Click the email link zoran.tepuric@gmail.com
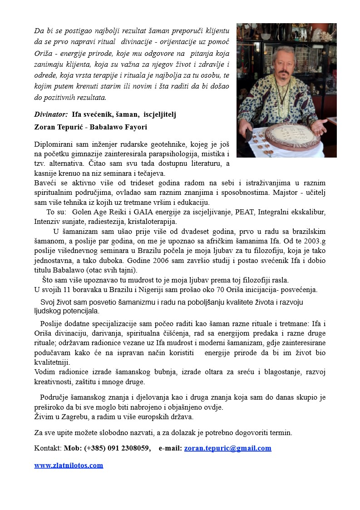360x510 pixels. coord(227,448)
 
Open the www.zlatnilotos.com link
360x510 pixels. coord(69,465)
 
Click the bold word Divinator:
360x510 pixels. coord(51,114)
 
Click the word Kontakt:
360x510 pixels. coord(48,448)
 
